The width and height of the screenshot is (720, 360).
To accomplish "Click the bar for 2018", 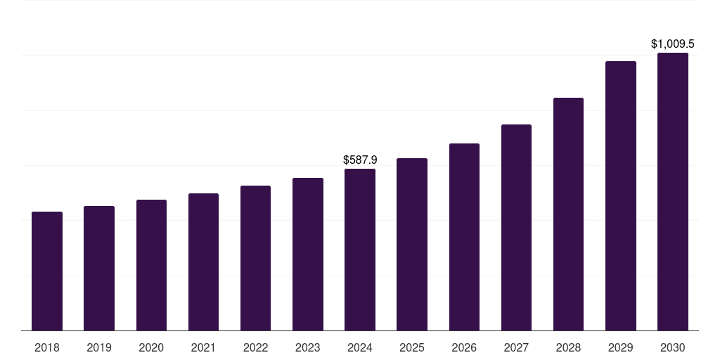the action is pyautogui.click(x=47, y=271).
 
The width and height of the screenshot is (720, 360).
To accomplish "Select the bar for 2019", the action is pyautogui.click(x=99, y=268).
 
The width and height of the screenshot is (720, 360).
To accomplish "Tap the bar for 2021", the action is pyautogui.click(x=203, y=262).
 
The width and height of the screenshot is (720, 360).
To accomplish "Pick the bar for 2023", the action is pyautogui.click(x=308, y=254).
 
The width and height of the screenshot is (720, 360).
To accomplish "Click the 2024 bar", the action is pyautogui.click(x=360, y=250).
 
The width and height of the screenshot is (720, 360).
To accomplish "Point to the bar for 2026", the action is pyautogui.click(x=464, y=237).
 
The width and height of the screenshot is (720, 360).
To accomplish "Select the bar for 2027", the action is pyautogui.click(x=516, y=227).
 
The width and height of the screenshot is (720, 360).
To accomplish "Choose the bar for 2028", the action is pyautogui.click(x=568, y=214).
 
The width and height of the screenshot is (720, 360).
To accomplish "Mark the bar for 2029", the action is pyautogui.click(x=621, y=195).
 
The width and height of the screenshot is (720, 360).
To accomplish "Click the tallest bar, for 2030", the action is pyautogui.click(x=673, y=191).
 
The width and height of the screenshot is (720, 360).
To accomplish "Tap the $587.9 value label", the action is pyautogui.click(x=360, y=160).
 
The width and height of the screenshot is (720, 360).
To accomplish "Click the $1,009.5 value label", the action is pyautogui.click(x=673, y=44).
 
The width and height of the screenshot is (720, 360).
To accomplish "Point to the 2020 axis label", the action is pyautogui.click(x=151, y=347).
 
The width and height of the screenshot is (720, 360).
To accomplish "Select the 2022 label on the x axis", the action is pyautogui.click(x=255, y=347).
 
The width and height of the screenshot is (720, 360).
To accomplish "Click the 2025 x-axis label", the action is pyautogui.click(x=412, y=347).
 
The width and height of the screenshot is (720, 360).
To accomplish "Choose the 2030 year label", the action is pyautogui.click(x=673, y=347).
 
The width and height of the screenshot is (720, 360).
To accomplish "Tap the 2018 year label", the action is pyautogui.click(x=47, y=347).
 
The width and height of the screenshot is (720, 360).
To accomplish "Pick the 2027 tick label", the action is pyautogui.click(x=516, y=347).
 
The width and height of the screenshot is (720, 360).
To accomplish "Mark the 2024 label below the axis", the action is pyautogui.click(x=360, y=347).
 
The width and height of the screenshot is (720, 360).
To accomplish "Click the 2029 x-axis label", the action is pyautogui.click(x=621, y=347).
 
